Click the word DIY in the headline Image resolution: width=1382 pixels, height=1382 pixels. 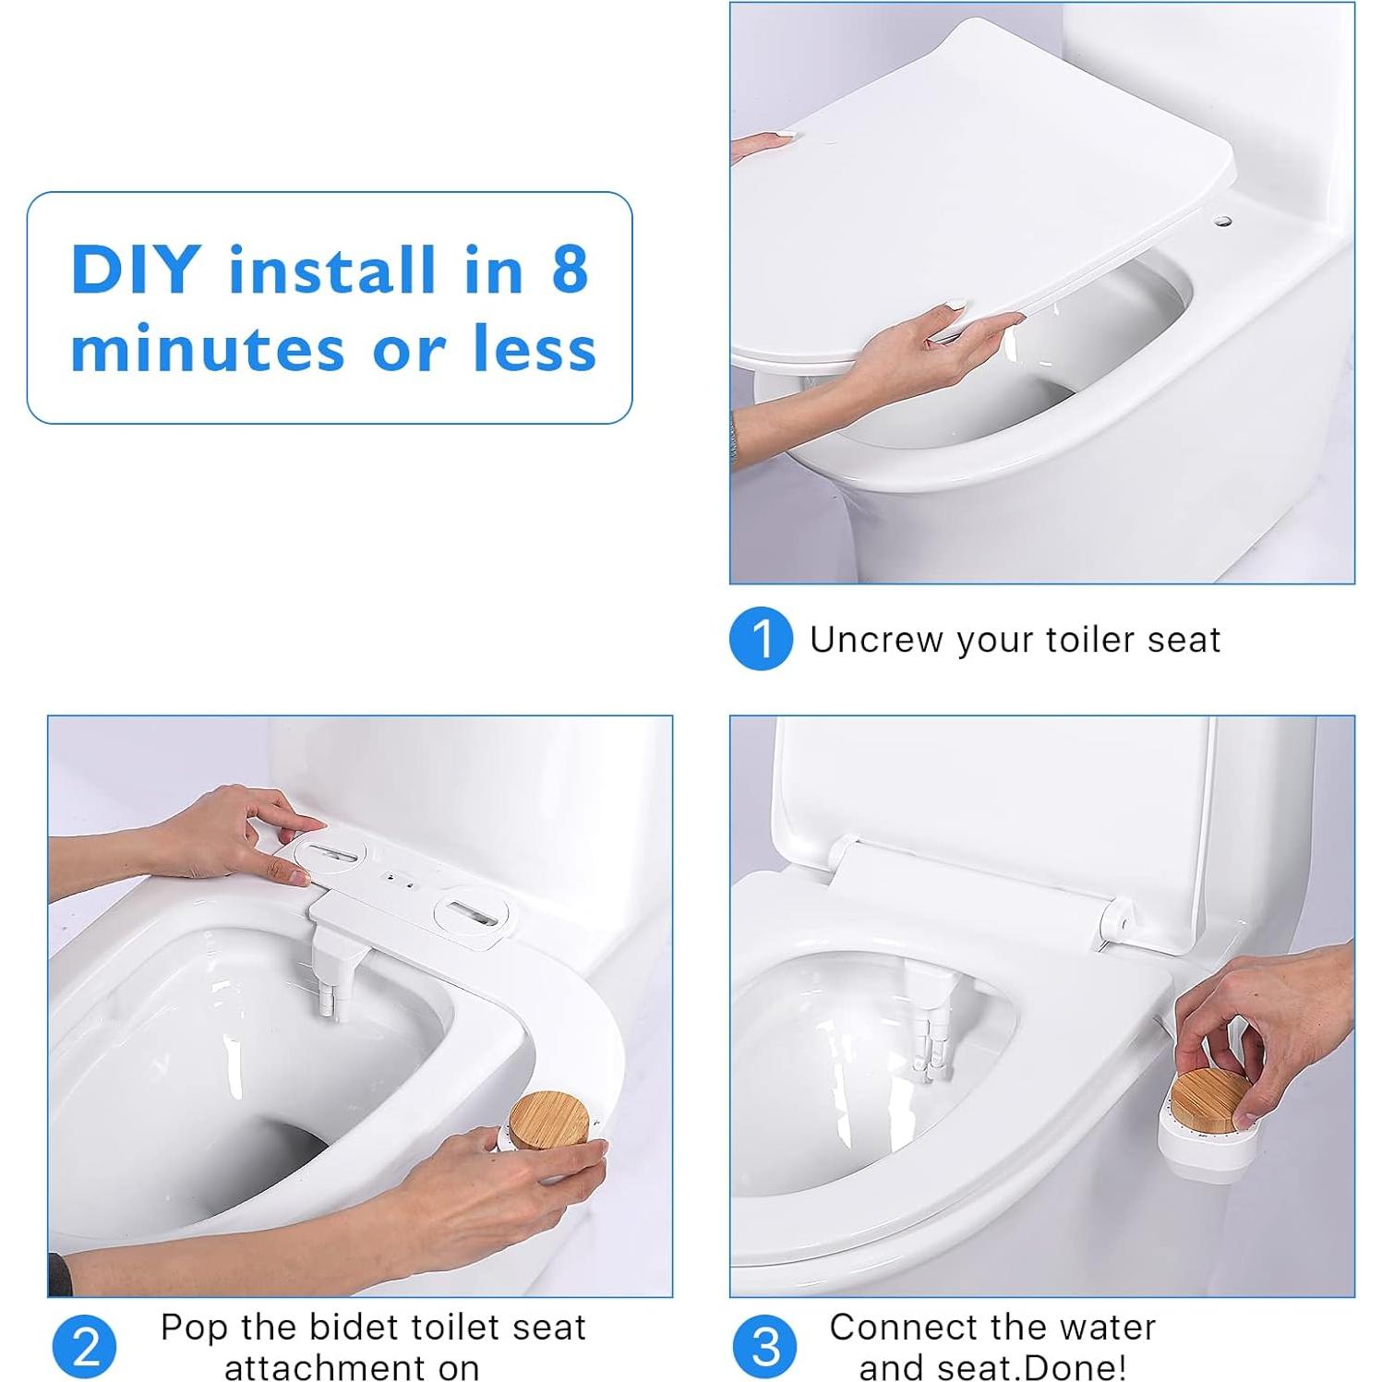click(x=136, y=270)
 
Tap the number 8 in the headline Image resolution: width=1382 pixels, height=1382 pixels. click(x=570, y=270)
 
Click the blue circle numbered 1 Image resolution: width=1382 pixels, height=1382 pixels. click(x=761, y=638)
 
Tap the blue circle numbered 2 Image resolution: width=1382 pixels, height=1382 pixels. click(x=85, y=1347)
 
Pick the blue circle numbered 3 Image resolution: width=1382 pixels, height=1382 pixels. click(x=764, y=1347)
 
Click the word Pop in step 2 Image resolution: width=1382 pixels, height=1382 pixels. click(x=196, y=1328)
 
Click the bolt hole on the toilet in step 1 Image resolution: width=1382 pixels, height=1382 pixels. click(x=1222, y=222)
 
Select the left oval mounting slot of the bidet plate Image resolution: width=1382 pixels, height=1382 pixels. click(x=330, y=853)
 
